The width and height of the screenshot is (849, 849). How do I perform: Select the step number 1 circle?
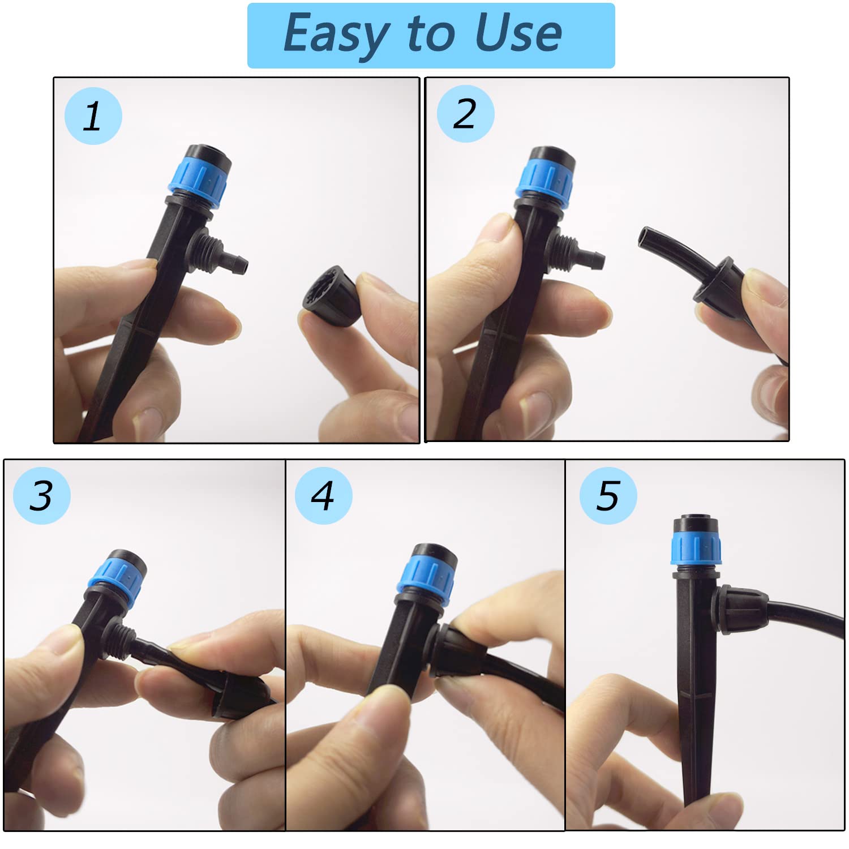pyautogui.click(x=93, y=116)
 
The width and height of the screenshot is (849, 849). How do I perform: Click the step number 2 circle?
pyautogui.click(x=465, y=114)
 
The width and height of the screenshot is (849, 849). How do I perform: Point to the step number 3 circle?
pyautogui.click(x=42, y=496)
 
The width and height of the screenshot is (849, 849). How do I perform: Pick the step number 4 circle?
pyautogui.click(x=323, y=496)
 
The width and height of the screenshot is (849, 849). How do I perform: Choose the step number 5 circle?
pyautogui.click(x=608, y=496)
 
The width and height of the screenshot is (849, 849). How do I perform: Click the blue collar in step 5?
pyautogui.click(x=696, y=547)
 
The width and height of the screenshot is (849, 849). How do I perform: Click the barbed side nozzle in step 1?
pyautogui.click(x=238, y=263)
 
